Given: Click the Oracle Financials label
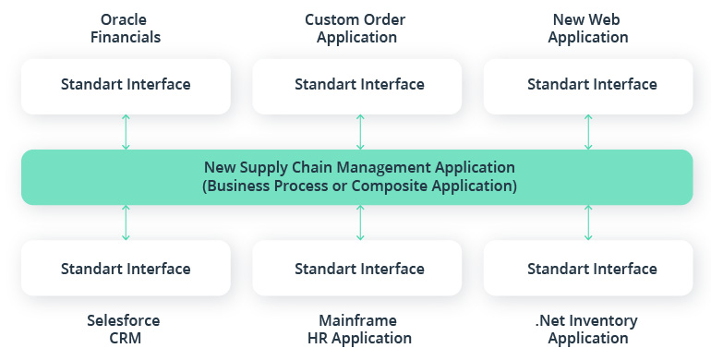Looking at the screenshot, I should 126,28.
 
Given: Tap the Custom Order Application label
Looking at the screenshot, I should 356,28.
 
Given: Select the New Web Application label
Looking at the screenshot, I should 588,28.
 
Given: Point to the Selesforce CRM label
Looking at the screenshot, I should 126,329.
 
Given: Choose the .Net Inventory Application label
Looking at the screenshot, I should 588,329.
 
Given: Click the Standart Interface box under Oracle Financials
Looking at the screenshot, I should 126,85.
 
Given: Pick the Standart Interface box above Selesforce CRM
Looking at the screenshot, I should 126,269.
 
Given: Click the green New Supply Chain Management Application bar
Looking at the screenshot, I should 358,176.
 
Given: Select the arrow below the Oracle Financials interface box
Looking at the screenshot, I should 126,132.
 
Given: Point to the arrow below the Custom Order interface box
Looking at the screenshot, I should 360,132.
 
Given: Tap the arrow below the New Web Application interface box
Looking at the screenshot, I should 588,132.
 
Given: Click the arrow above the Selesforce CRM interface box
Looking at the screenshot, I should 126,222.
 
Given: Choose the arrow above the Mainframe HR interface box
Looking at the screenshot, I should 360,222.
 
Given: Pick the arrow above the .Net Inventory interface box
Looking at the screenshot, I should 588,222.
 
